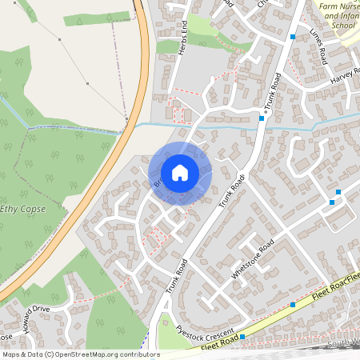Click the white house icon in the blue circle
tap(180, 173)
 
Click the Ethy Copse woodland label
tap(22, 209)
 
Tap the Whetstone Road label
tap(253, 258)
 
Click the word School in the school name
tap(342, 26)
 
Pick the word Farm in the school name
tap(329, 6)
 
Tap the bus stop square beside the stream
tap(262, 118)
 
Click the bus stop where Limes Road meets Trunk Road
tap(294, 38)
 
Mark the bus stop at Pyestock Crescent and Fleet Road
tap(242, 337)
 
